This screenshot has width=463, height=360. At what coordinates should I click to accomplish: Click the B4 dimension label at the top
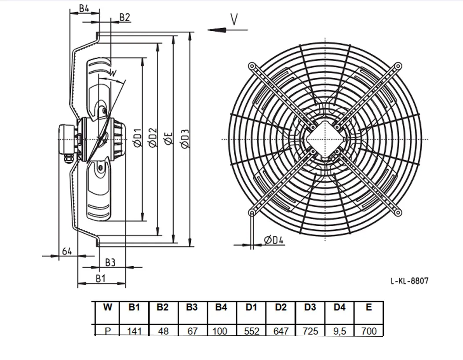point(84,8)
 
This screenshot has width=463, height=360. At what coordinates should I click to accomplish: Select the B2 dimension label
point(124,18)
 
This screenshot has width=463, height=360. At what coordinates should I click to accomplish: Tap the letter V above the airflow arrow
point(234,19)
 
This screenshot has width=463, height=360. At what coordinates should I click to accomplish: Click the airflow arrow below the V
point(227,30)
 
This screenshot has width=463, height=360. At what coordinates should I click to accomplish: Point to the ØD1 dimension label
point(138,138)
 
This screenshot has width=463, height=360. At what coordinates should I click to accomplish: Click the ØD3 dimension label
point(185,139)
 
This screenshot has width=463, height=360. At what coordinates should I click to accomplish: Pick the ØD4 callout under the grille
point(274,240)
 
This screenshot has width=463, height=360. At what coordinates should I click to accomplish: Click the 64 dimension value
point(67,252)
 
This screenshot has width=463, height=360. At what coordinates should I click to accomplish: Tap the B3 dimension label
point(110,262)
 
